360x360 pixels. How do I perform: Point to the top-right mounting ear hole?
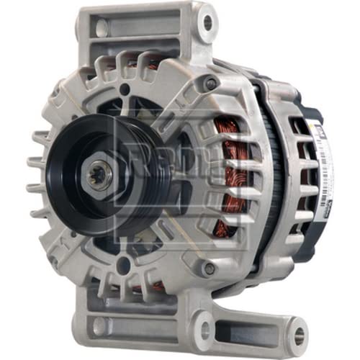pyautogui.click(x=208, y=22)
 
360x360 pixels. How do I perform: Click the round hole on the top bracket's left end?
pyautogui.click(x=102, y=27)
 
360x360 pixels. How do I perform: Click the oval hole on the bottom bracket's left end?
pyautogui.click(x=99, y=325)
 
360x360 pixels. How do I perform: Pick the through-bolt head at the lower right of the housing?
pyautogui.click(x=209, y=269)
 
